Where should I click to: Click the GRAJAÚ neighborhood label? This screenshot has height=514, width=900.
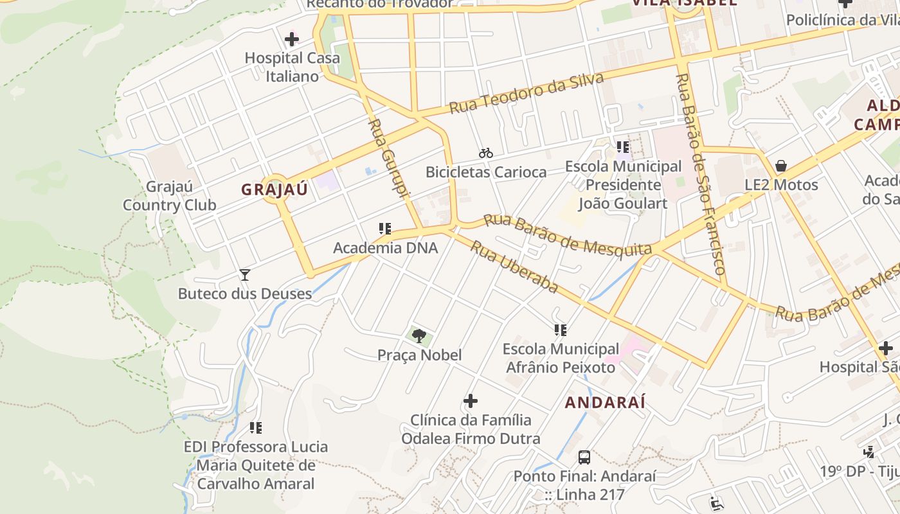point(274,190)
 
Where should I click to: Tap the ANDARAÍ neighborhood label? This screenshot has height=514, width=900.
point(605,403)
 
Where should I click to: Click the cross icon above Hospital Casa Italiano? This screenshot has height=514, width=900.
point(292,39)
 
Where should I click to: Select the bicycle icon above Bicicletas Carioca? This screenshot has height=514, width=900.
point(486,153)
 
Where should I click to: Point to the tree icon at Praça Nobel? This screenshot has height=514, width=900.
point(419,335)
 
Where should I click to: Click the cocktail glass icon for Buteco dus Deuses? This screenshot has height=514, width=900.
point(245,275)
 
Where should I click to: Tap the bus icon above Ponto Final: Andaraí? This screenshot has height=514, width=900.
point(584,457)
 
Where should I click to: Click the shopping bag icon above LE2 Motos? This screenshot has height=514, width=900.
point(781,166)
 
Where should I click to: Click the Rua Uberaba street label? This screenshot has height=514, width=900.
point(514,266)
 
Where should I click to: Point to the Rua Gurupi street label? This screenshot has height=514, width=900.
point(389,158)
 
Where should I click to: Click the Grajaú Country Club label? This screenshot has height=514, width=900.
point(169,196)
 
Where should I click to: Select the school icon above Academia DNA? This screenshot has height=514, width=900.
point(385,229)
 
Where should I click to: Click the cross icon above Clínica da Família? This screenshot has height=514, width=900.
point(471,401)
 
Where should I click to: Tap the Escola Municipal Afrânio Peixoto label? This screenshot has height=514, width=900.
point(561,359)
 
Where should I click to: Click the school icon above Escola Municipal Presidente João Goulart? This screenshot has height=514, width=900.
point(622,147)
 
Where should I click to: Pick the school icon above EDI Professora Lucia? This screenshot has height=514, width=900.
point(256,428)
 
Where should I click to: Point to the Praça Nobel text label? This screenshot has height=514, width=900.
point(419,355)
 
